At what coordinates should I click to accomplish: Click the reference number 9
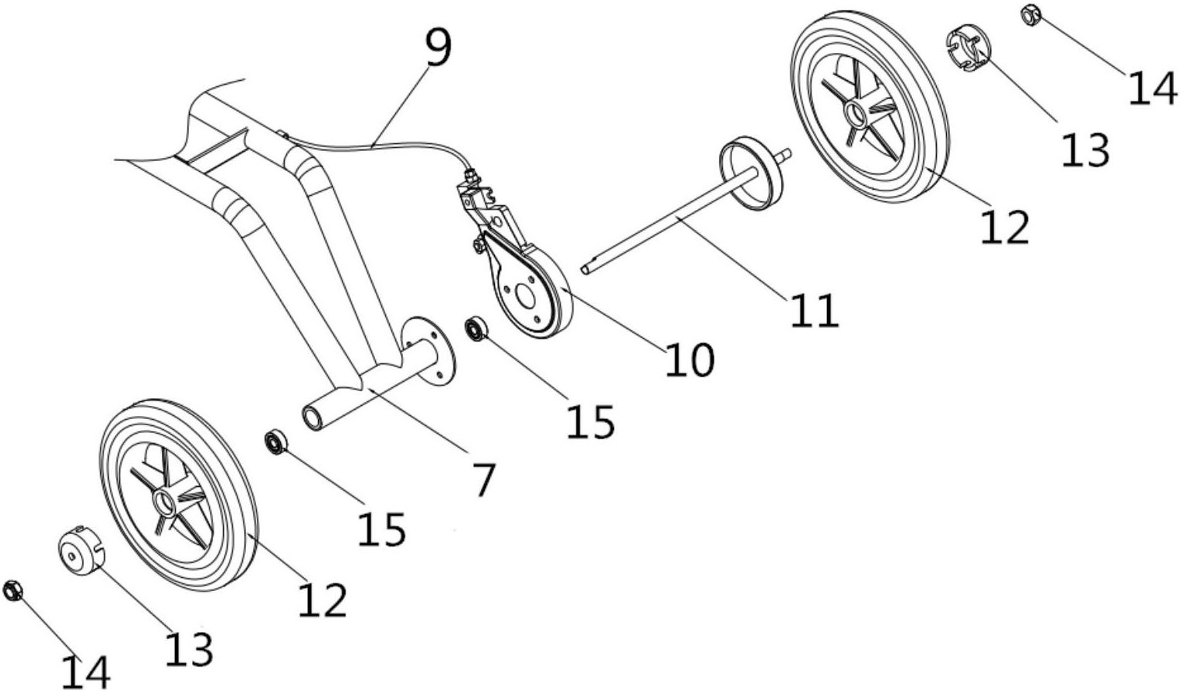440,47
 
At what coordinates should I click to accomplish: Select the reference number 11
814,310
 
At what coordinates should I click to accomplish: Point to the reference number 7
484,481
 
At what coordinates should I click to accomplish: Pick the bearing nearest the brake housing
476,330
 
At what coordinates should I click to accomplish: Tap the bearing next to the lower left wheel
275,442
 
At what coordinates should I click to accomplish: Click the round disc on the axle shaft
752,173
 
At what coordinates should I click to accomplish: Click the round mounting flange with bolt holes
428,351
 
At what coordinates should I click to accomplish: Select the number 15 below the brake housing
590,421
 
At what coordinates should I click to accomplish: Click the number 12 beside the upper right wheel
1005,226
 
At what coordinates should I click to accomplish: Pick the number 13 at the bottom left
189,648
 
